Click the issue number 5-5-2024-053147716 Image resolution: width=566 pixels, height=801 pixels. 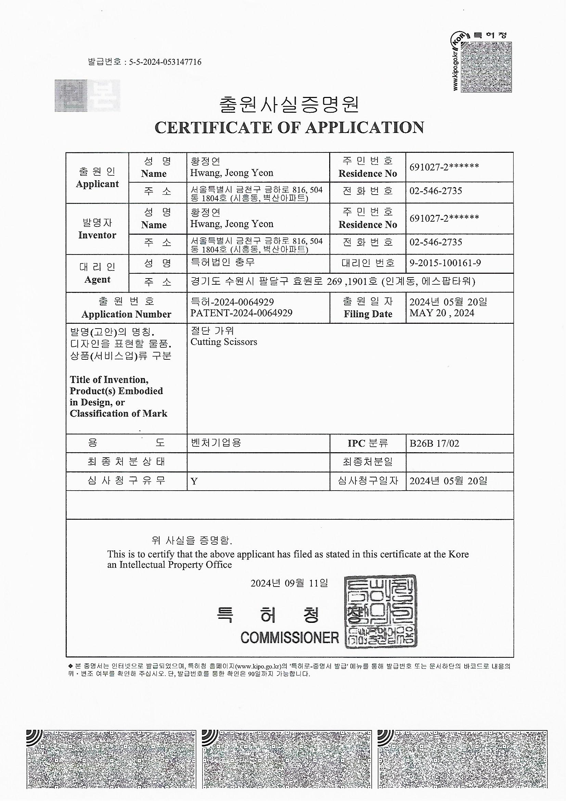pyautogui.click(x=165, y=62)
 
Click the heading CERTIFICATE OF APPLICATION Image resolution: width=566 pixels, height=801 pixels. pyautogui.click(x=289, y=128)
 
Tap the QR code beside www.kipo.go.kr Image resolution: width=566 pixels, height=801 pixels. pyautogui.click(x=486, y=67)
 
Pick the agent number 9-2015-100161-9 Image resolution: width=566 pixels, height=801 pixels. pyautogui.click(x=445, y=263)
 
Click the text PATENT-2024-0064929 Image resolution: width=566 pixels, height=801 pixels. pyautogui.click(x=241, y=313)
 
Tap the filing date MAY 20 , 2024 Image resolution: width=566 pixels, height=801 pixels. pyautogui.click(x=441, y=313)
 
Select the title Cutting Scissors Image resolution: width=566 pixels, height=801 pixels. pyautogui.click(x=224, y=342)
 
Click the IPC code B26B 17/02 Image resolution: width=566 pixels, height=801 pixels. pyautogui.click(x=434, y=444)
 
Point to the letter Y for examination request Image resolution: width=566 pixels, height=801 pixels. pyautogui.click(x=194, y=481)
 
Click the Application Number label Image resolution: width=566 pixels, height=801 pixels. pyautogui.click(x=126, y=314)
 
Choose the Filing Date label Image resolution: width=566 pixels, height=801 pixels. pyautogui.click(x=368, y=314)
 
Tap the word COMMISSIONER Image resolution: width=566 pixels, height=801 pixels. pyautogui.click(x=290, y=638)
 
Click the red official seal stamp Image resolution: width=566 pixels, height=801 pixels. pyautogui.click(x=381, y=612)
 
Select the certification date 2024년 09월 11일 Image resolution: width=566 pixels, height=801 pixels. pyautogui.click(x=289, y=583)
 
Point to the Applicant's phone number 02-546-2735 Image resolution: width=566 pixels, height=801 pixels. pyautogui.click(x=436, y=191)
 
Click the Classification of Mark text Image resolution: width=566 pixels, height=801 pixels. pyautogui.click(x=118, y=414)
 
